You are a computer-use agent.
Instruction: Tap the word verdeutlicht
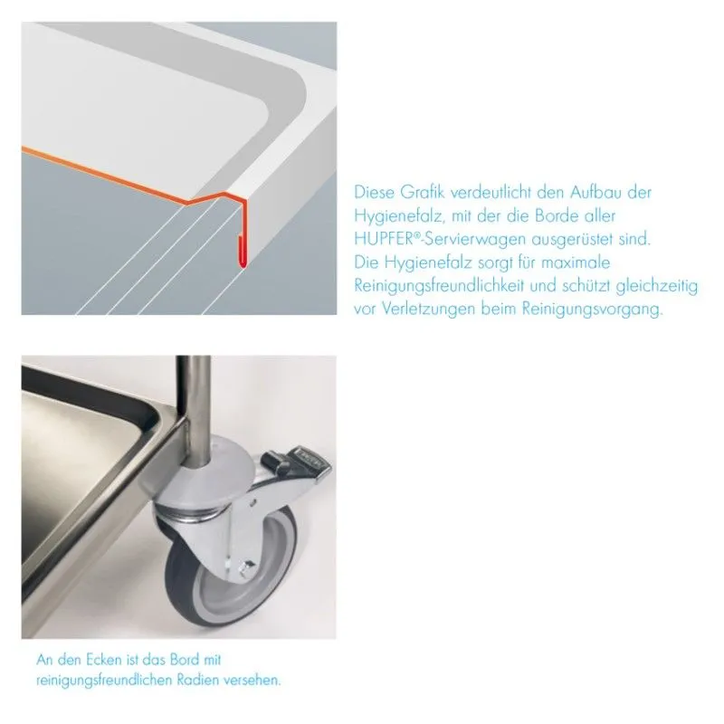click(x=491, y=192)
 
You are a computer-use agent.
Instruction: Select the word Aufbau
click(x=595, y=192)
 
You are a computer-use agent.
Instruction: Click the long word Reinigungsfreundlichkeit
click(x=439, y=286)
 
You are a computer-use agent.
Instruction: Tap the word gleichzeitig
click(x=657, y=286)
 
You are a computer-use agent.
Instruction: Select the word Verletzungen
click(x=428, y=309)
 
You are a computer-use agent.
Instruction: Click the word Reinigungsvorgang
click(x=592, y=309)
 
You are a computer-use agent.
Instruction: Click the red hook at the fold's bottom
click(x=241, y=252)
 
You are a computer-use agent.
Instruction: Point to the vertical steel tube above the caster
click(x=194, y=406)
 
